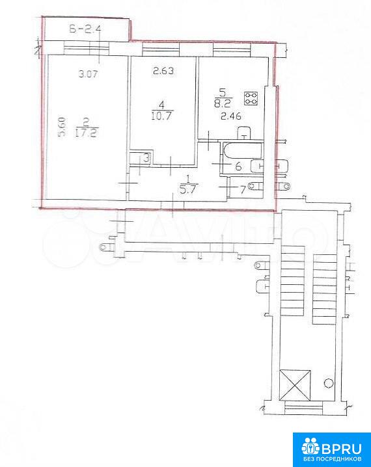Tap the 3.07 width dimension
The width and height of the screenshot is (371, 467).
[x=89, y=73]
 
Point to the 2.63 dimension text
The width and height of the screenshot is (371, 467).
[x=163, y=71]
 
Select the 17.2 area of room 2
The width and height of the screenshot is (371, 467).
[x=87, y=133]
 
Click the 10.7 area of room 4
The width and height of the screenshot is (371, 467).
[x=162, y=116]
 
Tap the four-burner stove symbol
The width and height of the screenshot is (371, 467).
[x=251, y=98]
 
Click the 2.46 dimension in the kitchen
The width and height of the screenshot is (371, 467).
[x=231, y=116]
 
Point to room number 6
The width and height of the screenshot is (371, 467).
[x=238, y=167]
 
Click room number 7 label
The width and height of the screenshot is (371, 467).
[x=243, y=190]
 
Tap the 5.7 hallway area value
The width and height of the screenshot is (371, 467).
[x=189, y=190]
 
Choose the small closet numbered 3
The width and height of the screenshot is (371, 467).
[x=141, y=157]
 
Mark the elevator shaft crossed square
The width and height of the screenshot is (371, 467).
[x=295, y=386]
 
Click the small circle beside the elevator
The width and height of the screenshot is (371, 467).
[x=329, y=382]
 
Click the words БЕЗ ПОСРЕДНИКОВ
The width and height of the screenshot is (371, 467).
[x=332, y=460]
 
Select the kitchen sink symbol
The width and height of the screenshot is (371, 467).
[x=244, y=133]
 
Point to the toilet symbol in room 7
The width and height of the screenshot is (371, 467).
[x=254, y=186]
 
